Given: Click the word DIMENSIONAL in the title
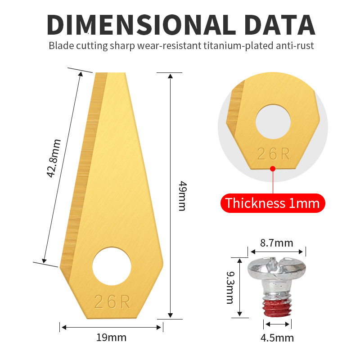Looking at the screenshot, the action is point(141,25).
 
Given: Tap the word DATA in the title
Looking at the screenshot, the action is point(279,25).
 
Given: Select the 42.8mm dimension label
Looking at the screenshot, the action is point(54,158).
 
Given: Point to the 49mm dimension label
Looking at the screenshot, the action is point(183,196).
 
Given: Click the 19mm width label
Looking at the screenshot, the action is point(111,337).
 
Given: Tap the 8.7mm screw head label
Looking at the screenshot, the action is point(276,243).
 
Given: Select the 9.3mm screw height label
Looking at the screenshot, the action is point(230,288).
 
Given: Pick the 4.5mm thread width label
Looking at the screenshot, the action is point(277,338).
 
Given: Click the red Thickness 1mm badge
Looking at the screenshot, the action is point(273,203).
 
